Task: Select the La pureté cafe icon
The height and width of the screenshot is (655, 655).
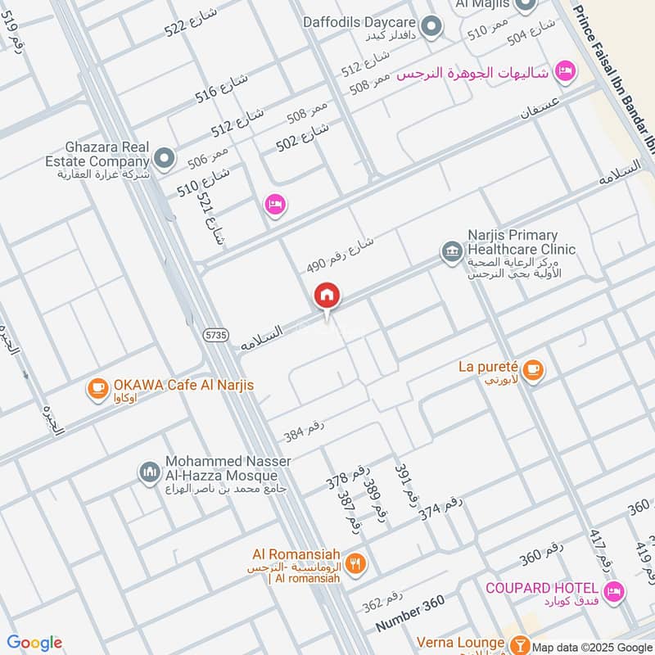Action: point(533,370)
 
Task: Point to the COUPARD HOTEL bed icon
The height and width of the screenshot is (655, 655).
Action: point(613,590)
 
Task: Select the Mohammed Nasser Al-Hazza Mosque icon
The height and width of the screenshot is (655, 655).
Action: point(148,472)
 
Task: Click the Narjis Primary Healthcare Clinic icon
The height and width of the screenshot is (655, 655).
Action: point(450,251)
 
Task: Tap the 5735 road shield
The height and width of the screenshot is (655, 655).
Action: point(216,334)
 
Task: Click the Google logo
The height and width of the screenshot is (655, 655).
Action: point(34,643)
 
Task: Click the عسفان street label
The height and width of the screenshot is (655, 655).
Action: point(540,107)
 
